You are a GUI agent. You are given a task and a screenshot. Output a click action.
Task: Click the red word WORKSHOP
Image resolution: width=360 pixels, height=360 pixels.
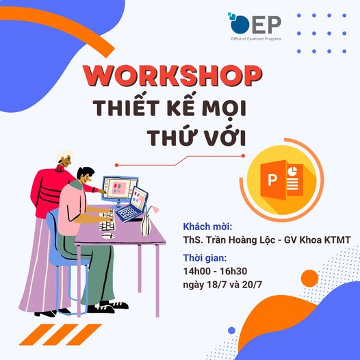coord(172,76)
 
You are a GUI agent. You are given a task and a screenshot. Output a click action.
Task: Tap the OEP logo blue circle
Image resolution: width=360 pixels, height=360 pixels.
coord(240,25)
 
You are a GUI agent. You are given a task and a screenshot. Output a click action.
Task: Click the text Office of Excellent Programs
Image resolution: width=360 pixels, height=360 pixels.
coord(256,39)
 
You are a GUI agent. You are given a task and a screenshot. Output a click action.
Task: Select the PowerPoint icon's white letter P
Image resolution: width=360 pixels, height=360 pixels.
coord(272,179)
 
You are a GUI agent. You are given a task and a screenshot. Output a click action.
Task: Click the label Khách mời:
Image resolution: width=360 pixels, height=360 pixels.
coord(207,227)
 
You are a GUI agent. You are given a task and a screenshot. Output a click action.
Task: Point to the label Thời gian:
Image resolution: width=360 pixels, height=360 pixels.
coord(205,258)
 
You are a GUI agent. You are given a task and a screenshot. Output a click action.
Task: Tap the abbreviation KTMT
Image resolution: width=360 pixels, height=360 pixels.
coord(337,240)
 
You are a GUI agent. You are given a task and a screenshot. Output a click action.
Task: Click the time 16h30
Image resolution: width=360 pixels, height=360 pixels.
coord(233,272)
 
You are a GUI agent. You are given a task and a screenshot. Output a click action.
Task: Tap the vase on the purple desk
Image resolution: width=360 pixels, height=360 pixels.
coord(145,225)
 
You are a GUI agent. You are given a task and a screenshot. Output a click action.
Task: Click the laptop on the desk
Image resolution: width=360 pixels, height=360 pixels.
coord(132,205)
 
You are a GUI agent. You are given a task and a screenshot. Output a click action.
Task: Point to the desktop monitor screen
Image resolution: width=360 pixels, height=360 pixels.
coord(120,188)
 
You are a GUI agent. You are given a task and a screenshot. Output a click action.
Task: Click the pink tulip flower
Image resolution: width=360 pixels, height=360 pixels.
coord(155,209)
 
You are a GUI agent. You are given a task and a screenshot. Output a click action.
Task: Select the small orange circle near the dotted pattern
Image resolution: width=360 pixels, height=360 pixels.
coord(309,279)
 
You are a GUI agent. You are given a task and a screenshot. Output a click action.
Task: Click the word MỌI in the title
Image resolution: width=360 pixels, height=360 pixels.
coord(225,107)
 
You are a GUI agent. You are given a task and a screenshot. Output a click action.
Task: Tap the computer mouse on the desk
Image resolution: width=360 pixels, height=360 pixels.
coord(108,235)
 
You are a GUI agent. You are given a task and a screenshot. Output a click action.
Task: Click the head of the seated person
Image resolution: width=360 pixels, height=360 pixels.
coord(86,175)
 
